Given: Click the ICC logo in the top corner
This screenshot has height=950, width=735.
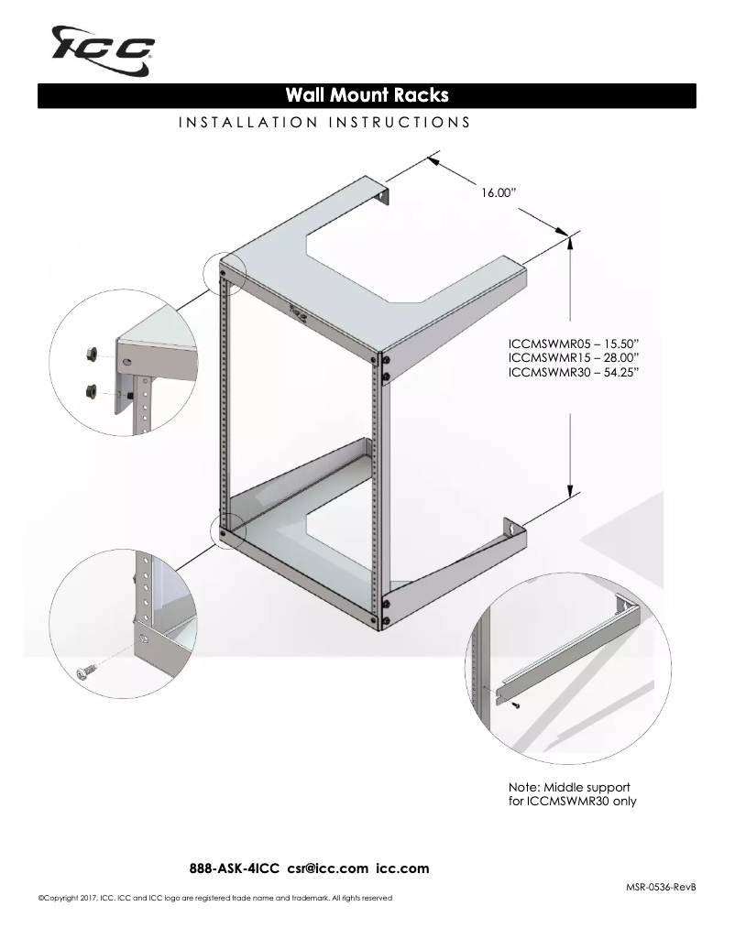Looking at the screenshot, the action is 103,49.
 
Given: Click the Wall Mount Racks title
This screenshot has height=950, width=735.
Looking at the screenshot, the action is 367,95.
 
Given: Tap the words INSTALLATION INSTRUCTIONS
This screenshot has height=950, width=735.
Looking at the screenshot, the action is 324,123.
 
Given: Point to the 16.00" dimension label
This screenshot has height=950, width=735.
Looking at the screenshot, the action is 499,192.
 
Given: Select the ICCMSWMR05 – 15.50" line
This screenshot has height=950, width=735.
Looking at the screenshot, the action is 573,344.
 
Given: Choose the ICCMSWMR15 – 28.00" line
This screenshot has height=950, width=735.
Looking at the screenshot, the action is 573,357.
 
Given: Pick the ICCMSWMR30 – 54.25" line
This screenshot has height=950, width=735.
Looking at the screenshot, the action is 573,372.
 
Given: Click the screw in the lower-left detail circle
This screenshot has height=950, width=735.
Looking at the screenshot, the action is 87,672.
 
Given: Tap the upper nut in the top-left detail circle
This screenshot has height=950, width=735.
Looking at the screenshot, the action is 93,353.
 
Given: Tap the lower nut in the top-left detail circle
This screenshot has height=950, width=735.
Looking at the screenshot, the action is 93,391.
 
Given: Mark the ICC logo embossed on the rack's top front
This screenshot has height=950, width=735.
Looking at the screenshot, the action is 298,312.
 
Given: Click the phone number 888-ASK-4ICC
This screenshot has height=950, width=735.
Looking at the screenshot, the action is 235,868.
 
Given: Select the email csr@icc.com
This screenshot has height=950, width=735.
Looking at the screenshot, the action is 328,868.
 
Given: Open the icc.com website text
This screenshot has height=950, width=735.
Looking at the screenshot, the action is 402,868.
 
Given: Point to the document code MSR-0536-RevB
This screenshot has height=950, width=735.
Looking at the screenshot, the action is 661,887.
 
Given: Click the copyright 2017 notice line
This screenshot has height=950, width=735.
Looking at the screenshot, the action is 215,898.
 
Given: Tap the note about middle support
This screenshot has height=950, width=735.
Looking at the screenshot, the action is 573,794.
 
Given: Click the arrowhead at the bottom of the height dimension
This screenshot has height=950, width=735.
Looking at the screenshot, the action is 570,492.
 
